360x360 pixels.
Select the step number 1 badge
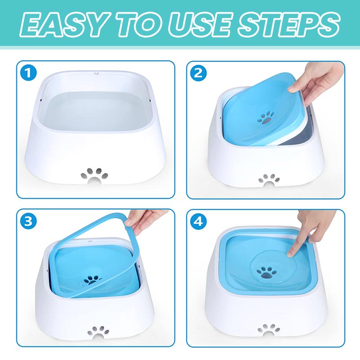click(x=28, y=72)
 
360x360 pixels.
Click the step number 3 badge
click(x=28, y=220)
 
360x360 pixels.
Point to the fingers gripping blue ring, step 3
click(x=139, y=220)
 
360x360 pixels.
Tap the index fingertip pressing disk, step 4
click(x=291, y=256)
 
